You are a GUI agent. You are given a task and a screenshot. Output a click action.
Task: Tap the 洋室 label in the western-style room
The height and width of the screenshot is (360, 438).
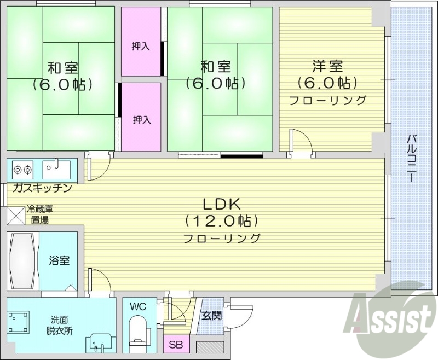(327, 67)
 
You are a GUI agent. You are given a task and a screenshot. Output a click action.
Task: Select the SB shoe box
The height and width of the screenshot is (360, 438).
(176, 345)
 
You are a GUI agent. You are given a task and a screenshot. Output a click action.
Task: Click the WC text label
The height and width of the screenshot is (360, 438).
(137, 306)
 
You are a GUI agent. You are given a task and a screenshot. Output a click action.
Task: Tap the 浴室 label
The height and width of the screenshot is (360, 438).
(59, 260)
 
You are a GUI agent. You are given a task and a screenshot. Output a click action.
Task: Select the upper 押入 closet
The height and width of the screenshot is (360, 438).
(141, 47)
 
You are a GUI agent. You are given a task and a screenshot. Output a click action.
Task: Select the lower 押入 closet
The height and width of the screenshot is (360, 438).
(141, 119)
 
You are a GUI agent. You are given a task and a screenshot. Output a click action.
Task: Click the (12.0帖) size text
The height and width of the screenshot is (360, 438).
(222, 221)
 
